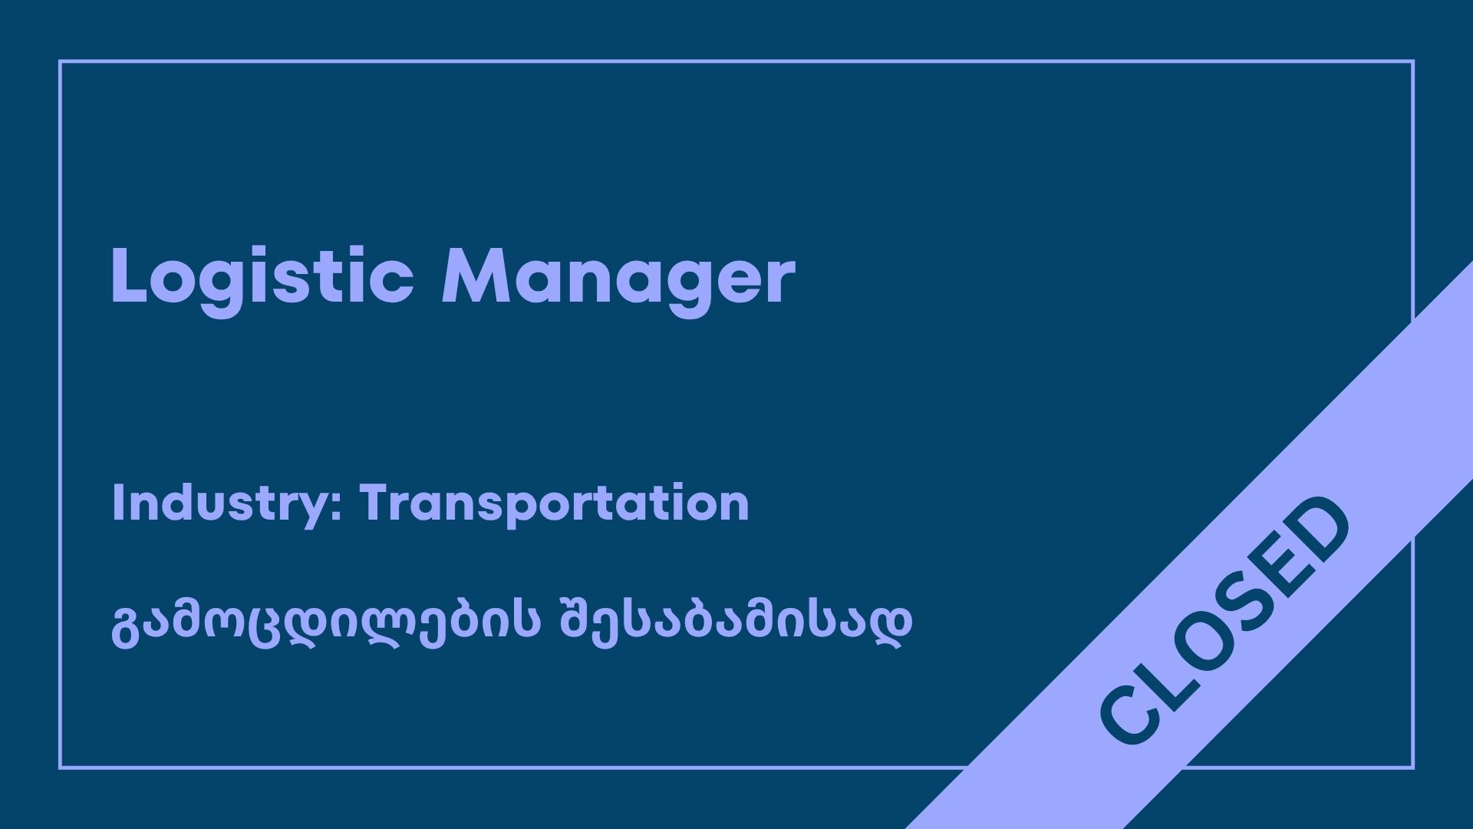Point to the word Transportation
tap(554, 504)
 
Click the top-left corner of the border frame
tap(60, 61)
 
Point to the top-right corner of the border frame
tap(1412, 61)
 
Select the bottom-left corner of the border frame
tap(60, 768)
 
